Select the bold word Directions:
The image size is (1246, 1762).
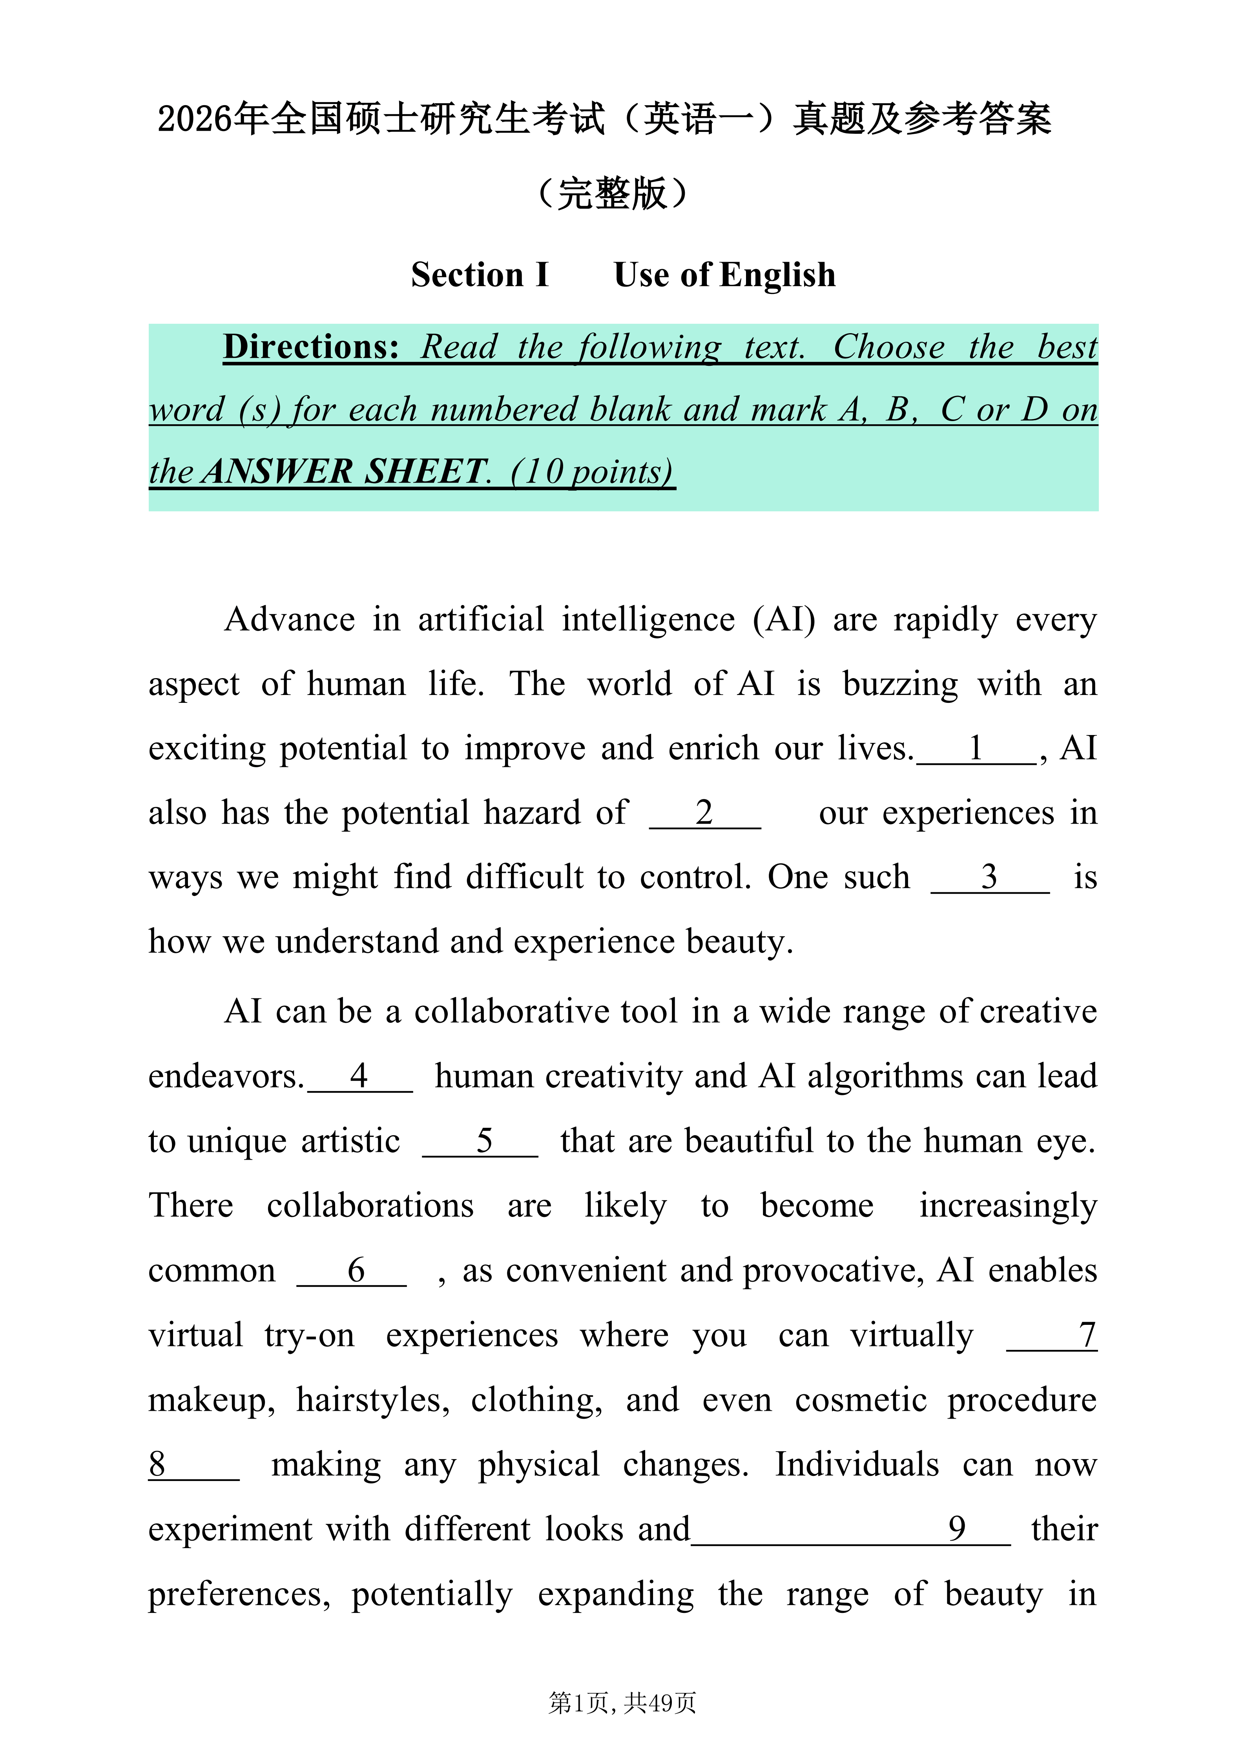[311, 347]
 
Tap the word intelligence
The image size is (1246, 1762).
[648, 619]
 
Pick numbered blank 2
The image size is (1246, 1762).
[704, 813]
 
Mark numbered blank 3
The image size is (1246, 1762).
[990, 877]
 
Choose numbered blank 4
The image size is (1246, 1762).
[359, 1077]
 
